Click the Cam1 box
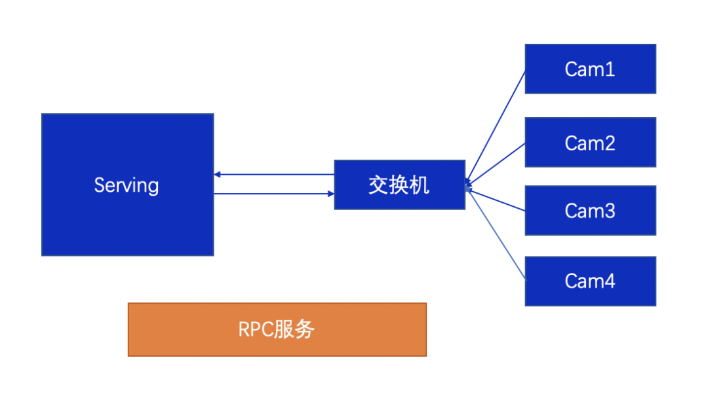(x=590, y=69)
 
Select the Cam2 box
(x=590, y=142)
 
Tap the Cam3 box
(x=590, y=210)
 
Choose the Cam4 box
(x=590, y=281)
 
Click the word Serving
(x=127, y=185)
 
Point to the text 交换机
(x=399, y=185)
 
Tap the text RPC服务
(x=277, y=329)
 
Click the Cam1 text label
(x=590, y=69)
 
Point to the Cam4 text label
(x=590, y=281)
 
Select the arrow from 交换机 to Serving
(x=275, y=175)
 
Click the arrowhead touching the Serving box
(x=218, y=175)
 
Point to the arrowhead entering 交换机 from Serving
(x=330, y=194)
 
